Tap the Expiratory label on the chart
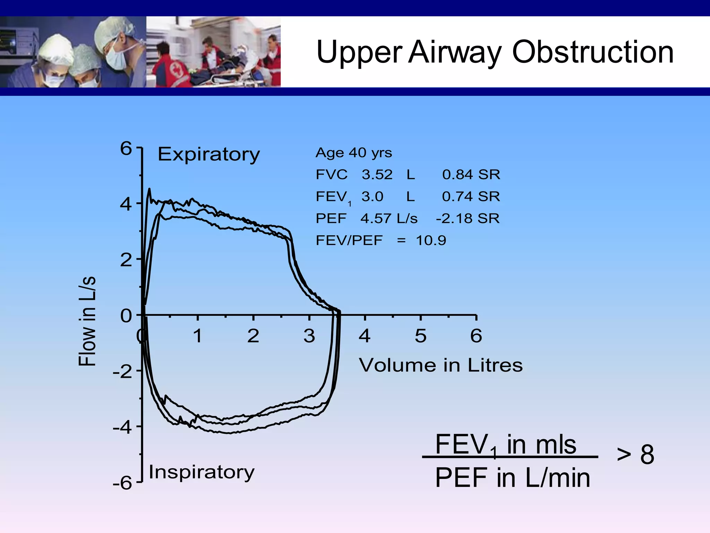[x=208, y=154]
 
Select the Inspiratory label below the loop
[x=201, y=472]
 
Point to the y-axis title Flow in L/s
[x=87, y=321]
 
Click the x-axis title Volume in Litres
[x=441, y=365]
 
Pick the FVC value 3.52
[x=377, y=175]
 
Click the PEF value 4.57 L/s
[x=389, y=219]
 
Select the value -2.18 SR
[x=468, y=219]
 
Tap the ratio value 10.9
[x=431, y=240]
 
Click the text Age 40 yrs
[x=354, y=153]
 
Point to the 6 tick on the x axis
[x=476, y=336]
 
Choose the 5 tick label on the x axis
[x=420, y=336]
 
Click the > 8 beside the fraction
[x=635, y=454]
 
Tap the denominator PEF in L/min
[x=512, y=478]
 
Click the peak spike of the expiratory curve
[x=149, y=189]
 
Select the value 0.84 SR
[x=471, y=175]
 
